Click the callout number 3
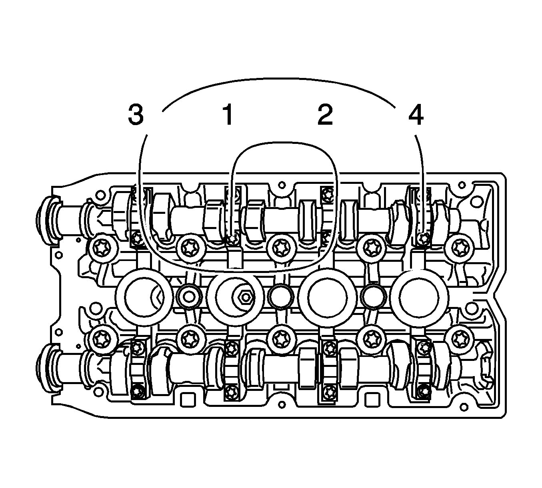[136, 115]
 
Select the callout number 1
[228, 115]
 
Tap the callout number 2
[325, 115]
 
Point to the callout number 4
[416, 115]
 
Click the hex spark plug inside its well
[246, 297]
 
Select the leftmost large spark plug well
[144, 297]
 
